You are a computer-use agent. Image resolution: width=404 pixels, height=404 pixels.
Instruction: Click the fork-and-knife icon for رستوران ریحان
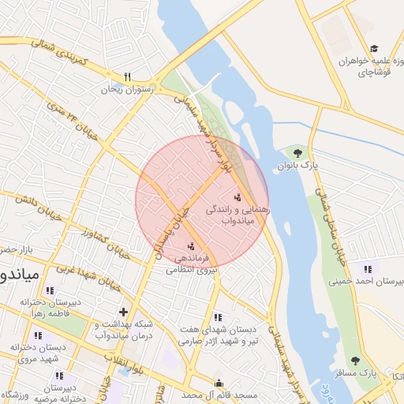[x=127, y=77]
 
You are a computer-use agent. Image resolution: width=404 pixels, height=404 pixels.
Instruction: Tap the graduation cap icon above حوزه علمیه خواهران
[x=373, y=49]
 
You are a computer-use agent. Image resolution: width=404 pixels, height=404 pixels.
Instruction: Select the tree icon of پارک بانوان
[x=297, y=152]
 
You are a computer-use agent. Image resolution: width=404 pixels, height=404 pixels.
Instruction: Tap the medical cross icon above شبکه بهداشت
[x=123, y=312]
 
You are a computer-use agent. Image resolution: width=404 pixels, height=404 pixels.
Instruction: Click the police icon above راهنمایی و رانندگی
[x=238, y=196]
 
